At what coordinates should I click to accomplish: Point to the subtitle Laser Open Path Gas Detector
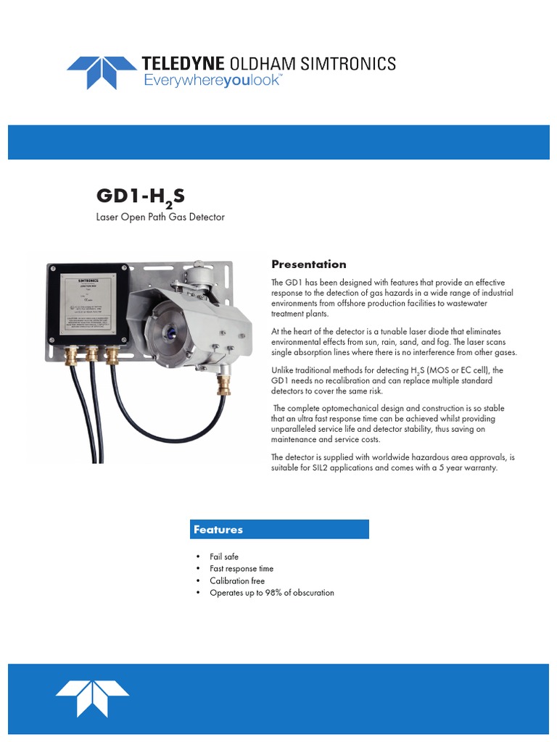[x=160, y=217]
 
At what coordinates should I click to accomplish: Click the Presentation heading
[x=308, y=264]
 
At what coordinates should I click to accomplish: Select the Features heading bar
[x=279, y=530]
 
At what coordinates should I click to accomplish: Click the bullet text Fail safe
[x=224, y=556]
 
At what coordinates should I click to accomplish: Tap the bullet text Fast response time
[x=242, y=569]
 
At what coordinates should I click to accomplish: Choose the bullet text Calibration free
[x=237, y=581]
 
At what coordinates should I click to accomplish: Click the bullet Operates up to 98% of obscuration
[x=272, y=593]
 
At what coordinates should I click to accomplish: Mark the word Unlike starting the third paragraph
[x=283, y=371]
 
